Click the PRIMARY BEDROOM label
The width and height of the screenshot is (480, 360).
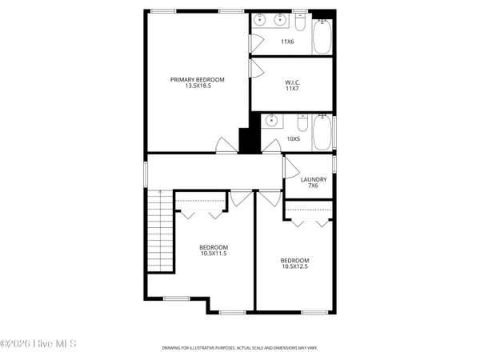197,79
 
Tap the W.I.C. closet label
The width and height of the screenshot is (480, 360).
292,82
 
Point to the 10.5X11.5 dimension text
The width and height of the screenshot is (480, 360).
214,254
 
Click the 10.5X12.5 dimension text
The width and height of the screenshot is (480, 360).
294,267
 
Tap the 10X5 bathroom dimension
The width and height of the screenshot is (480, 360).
293,138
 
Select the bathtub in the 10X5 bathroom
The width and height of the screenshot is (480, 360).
322,134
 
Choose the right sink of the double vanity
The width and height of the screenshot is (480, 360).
282,20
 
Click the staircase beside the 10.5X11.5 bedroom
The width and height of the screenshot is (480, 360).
161,232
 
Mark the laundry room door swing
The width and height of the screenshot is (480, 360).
291,170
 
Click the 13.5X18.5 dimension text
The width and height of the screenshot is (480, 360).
197,86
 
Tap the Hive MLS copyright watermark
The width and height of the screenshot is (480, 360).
38,344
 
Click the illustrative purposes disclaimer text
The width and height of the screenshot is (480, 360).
239,348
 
